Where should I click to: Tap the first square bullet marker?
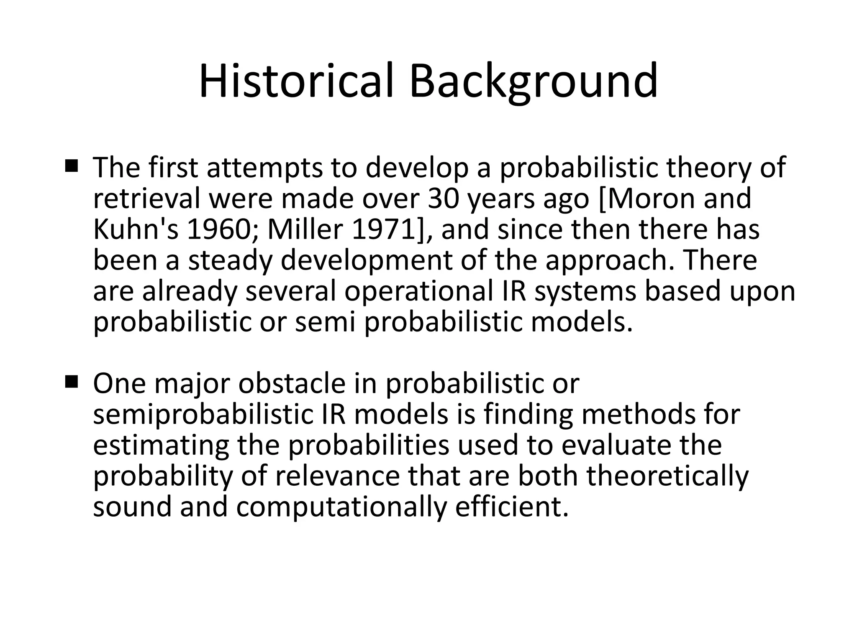tap(72, 167)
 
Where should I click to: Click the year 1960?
tap(218, 229)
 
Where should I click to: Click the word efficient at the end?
tap(511, 507)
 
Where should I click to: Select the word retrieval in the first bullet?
tap(147, 199)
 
